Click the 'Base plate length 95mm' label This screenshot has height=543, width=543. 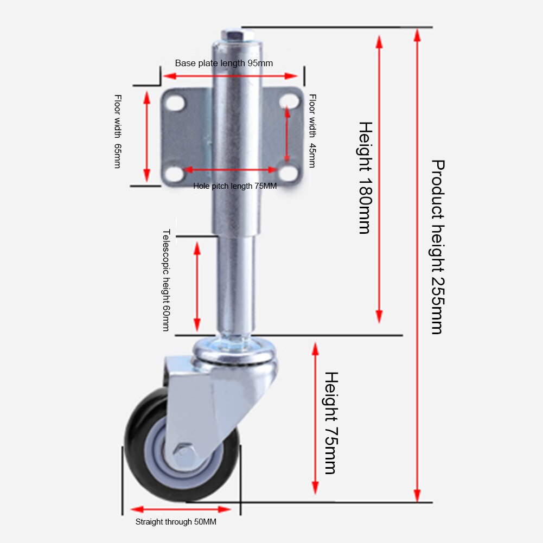pyautogui.click(x=223, y=63)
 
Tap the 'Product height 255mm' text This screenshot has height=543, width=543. pyautogui.click(x=437, y=247)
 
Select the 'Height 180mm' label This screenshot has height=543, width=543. pyautogui.click(x=365, y=177)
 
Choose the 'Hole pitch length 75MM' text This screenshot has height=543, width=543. pyautogui.click(x=235, y=186)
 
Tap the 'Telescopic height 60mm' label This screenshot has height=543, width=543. pyautogui.click(x=167, y=280)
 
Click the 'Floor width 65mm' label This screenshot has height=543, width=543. pyautogui.click(x=117, y=131)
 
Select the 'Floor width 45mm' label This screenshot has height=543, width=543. pyautogui.click(x=312, y=131)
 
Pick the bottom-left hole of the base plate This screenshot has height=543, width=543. pyautogui.click(x=175, y=174)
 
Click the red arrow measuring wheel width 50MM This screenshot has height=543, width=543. pyautogui.click(x=181, y=509)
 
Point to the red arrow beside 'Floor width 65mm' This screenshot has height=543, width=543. pyautogui.click(x=146, y=136)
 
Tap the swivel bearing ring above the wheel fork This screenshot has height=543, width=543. pyautogui.click(x=236, y=350)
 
